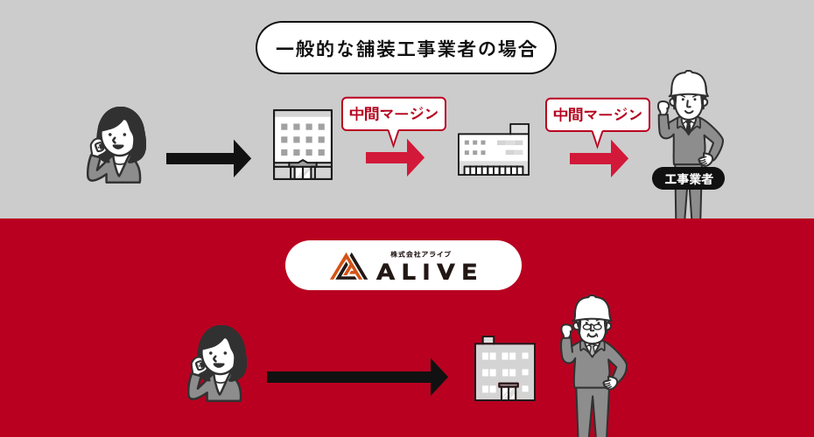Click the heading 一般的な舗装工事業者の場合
point(406,48)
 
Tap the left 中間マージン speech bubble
point(393,114)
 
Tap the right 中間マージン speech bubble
point(598,114)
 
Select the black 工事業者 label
point(688,178)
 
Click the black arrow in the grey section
point(207,158)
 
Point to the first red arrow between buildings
point(394,157)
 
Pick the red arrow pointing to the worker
point(598,158)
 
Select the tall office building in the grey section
point(303,144)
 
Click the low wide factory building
point(494,152)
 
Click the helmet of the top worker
point(689,83)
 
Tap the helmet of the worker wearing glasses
point(593,309)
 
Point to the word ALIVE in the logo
point(427,271)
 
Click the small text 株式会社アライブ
point(421,253)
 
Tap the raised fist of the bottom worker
point(566,330)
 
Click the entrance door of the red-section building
point(509,392)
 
